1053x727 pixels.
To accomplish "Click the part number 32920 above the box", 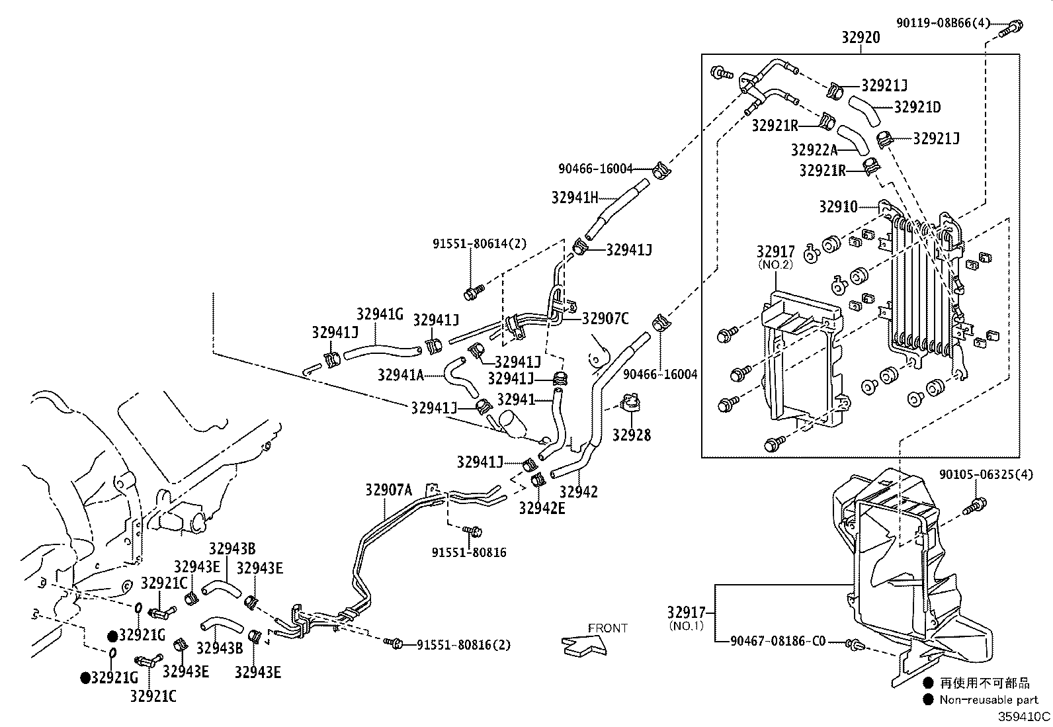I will [861, 38].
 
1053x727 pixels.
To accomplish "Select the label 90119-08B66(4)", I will [943, 23].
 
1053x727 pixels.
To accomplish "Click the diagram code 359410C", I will [1024, 716].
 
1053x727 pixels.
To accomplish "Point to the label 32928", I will [631, 435].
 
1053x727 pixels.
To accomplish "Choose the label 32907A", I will [388, 490].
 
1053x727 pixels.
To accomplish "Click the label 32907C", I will [605, 319].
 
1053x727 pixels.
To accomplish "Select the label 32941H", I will [575, 197].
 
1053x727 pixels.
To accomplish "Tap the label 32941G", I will [380, 314].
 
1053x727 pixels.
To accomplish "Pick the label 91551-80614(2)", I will [480, 243].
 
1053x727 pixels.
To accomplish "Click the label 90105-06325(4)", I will [986, 475].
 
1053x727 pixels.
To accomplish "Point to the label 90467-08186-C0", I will [778, 641].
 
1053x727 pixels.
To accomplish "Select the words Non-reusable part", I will [989, 700].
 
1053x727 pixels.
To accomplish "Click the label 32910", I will [838, 207].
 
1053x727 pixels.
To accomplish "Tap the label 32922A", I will [814, 150].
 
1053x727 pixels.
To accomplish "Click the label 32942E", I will [542, 508].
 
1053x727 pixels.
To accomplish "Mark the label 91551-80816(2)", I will [464, 644].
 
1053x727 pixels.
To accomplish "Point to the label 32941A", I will [400, 375].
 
